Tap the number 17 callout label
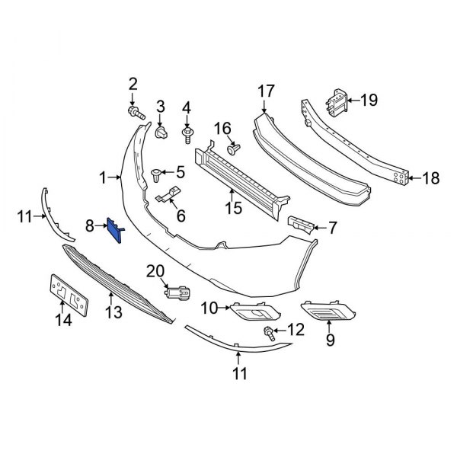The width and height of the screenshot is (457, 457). click(x=266, y=91)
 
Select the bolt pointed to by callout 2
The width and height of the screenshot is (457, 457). click(x=136, y=113)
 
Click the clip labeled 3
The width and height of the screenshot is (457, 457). click(x=161, y=133)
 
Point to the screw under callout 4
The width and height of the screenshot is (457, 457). click(x=187, y=136)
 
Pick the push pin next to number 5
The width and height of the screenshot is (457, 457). click(x=157, y=175)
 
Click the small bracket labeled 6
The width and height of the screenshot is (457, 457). click(x=168, y=194)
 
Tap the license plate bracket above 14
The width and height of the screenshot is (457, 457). click(x=69, y=295)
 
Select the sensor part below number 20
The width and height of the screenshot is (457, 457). click(x=177, y=293)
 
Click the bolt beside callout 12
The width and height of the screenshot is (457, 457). click(x=270, y=334)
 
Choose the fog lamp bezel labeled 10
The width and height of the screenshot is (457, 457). click(x=255, y=312)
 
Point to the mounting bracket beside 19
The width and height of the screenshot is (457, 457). click(x=337, y=103)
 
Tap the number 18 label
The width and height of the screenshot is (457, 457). click(x=431, y=178)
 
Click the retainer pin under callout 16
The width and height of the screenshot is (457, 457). click(x=234, y=149)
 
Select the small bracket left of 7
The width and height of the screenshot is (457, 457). click(x=301, y=225)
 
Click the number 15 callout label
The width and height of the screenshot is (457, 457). click(x=234, y=208)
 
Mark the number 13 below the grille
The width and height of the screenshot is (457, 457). click(x=113, y=312)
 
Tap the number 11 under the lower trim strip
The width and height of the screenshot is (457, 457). click(x=240, y=374)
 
